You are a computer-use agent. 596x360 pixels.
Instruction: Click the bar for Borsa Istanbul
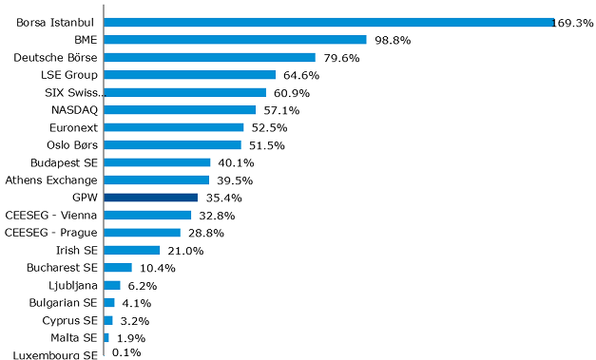pos(329,22)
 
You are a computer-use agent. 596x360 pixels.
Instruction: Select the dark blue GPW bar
pos(151,198)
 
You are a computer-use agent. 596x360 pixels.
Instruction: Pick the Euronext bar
pos(174,127)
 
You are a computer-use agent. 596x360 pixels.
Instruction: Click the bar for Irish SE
pos(132,250)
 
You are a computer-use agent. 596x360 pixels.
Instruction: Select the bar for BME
pos(235,40)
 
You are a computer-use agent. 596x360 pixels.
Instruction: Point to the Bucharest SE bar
pos(118,268)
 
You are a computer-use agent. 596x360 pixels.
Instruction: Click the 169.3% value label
pos(572,23)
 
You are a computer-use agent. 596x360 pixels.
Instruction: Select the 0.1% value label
pos(126,353)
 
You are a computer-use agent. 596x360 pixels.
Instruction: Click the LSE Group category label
pos(68,75)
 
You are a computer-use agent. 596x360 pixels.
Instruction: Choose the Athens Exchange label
pos(51,180)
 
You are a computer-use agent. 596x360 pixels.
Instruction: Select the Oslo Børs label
pos(72,145)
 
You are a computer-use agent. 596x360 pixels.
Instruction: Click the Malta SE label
pos(74,338)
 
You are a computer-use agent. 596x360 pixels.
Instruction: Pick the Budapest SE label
pos(64,162)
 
